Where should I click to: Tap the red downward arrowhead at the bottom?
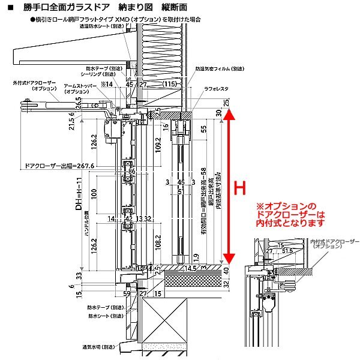227,259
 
